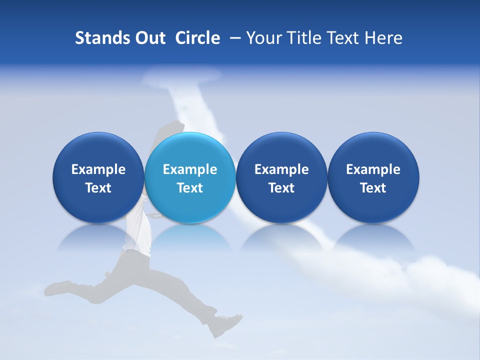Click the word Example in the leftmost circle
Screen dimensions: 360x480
98,169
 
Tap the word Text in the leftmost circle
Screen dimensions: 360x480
98,188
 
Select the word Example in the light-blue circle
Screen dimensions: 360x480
190,169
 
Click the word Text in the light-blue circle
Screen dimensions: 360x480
190,188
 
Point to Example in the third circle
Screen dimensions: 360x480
281,169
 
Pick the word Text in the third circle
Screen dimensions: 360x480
281,188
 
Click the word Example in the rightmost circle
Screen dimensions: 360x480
373,169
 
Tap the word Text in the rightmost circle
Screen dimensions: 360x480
373,188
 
